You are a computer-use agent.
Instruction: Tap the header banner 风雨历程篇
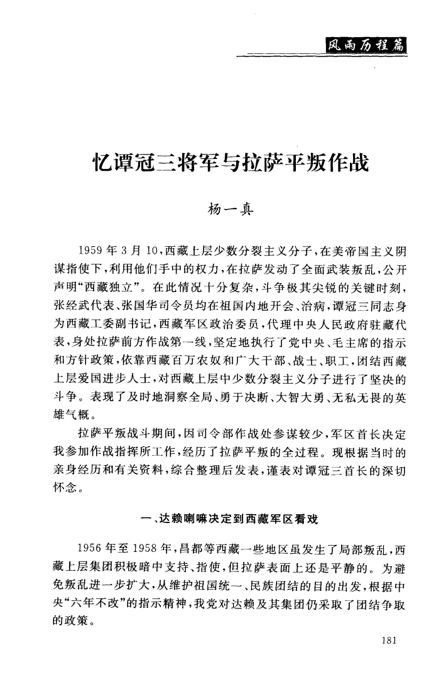tap(362, 44)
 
